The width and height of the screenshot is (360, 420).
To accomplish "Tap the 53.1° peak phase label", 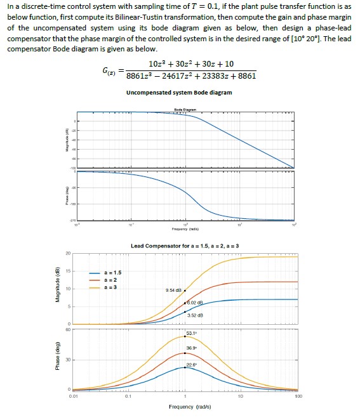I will coord(192,334).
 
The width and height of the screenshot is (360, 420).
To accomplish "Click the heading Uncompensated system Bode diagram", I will coord(179,93).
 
